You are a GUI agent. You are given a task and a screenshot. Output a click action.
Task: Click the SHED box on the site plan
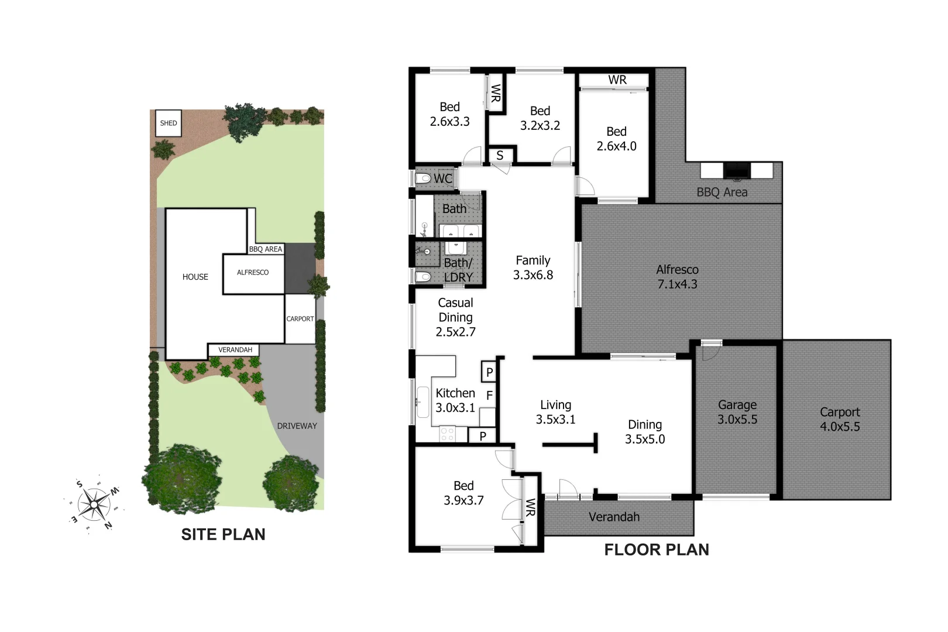point(169,123)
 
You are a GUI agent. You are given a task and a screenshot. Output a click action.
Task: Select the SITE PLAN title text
point(223,534)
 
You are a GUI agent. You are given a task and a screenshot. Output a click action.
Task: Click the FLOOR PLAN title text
point(656,549)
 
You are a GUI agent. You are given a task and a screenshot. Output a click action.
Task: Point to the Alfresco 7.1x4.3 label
point(677,277)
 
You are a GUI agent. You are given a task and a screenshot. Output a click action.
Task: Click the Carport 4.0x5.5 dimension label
point(840,419)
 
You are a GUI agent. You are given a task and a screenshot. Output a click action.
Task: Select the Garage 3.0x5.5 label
point(737,412)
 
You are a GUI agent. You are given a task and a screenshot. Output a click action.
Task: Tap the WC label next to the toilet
point(443,178)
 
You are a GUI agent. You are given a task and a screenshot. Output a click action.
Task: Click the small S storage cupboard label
point(500,156)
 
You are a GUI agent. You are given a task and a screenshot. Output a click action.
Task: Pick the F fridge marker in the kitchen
point(489,396)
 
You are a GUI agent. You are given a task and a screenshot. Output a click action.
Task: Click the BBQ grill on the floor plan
point(737,170)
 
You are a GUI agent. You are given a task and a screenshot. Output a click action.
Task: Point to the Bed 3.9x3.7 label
point(463,493)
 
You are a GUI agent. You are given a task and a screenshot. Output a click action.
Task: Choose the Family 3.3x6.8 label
point(533,267)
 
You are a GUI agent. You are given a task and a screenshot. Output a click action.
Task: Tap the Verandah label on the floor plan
point(614,517)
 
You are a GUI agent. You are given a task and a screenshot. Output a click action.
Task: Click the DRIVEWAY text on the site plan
point(297,426)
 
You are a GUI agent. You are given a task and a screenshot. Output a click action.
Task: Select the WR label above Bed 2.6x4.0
point(617,80)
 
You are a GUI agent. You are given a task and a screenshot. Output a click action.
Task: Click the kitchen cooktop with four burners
point(448,434)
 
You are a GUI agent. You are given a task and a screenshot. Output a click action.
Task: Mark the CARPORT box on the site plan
point(300,319)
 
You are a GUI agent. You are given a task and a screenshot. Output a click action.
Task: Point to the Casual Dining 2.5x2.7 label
point(455,317)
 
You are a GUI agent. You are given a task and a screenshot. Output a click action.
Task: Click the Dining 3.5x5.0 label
point(645,432)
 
